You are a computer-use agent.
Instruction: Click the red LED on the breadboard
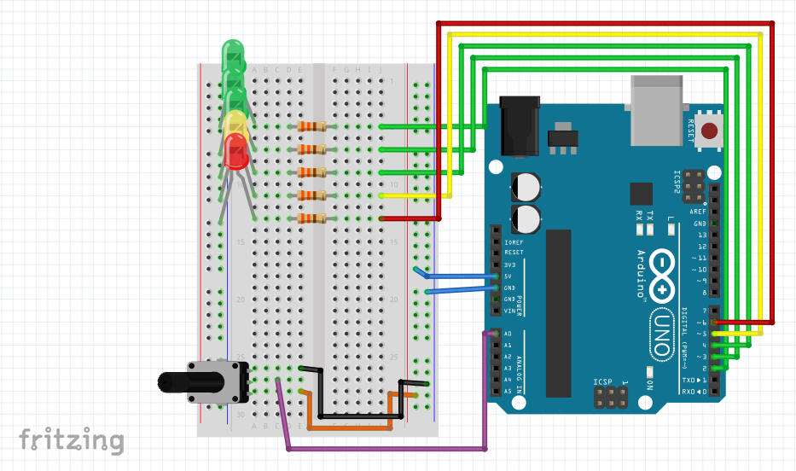click(x=235, y=150)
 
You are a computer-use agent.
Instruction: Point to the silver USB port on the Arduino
click(x=657, y=108)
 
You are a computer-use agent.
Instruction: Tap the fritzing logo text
click(x=72, y=439)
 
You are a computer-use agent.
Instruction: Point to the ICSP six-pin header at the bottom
click(x=610, y=397)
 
